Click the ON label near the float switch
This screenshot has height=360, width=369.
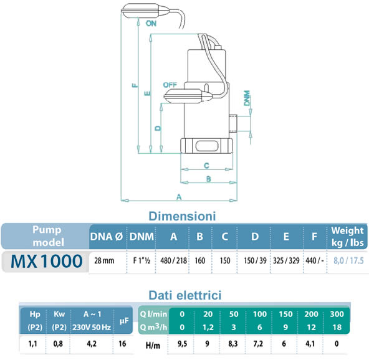[150, 23]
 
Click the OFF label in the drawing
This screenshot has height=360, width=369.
[169, 84]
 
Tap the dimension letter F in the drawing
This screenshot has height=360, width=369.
[135, 87]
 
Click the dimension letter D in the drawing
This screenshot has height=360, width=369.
[158, 127]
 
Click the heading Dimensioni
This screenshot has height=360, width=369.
[181, 216]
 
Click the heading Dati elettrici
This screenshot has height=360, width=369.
[184, 294]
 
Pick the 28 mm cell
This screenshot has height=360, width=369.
[104, 262]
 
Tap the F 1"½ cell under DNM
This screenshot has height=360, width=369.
[140, 262]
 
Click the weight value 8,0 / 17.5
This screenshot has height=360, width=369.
[350, 262]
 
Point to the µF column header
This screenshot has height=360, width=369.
[123, 321]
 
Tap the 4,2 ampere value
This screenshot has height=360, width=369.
[91, 343]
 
